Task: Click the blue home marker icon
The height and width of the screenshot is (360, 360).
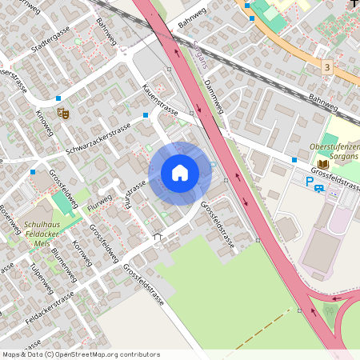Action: (x=180, y=172)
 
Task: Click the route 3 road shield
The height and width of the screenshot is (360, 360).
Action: (x=327, y=67)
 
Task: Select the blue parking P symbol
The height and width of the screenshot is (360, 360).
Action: (x=310, y=182)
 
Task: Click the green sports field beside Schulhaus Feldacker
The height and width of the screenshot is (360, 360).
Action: (x=62, y=204)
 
